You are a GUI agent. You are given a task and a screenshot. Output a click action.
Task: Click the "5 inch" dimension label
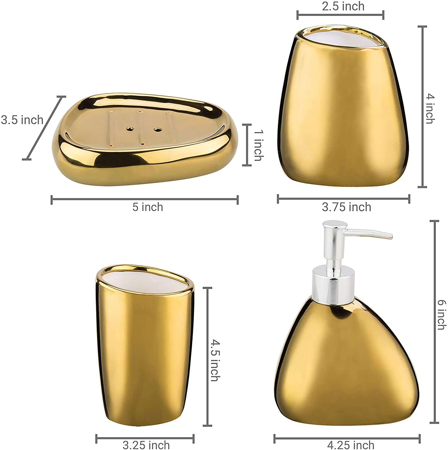148,207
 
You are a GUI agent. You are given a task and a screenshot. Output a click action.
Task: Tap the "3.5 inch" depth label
22,120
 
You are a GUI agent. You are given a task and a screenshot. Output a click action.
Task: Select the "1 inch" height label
258,145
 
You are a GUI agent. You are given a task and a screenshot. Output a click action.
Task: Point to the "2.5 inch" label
343,6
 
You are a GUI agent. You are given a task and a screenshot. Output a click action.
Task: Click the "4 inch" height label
430,109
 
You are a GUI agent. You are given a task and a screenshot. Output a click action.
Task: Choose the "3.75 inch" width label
346,207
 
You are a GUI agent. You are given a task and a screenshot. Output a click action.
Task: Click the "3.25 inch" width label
146,445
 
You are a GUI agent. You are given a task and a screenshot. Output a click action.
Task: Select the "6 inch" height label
441,315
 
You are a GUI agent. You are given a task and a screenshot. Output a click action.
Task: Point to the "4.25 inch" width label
351,445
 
